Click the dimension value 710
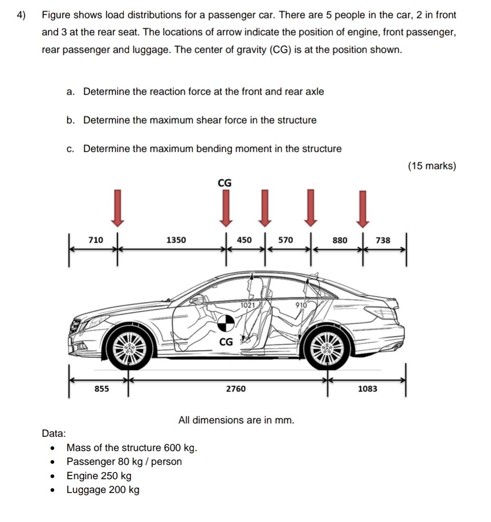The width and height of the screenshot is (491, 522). point(96,240)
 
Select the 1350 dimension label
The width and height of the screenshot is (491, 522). point(176,240)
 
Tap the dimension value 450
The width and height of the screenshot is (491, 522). point(244,240)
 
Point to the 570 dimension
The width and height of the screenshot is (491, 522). point(285,240)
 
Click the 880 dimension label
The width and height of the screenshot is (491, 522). point(340,240)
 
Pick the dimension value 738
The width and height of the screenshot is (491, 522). point(383,240)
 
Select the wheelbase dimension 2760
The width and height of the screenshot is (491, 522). point(236,389)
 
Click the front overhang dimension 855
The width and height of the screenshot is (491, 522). point(101,389)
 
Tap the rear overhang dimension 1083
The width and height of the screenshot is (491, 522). point(367,389)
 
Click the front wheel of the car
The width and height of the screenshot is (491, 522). point(129,347)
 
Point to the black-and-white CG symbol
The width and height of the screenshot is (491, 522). point(226,324)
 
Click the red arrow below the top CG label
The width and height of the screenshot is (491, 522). point(226,207)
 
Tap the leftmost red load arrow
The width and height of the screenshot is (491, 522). point(118,207)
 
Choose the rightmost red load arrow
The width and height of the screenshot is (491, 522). point(363,207)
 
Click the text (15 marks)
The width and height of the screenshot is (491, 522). point(432,166)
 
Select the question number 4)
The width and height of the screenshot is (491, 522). point(21,15)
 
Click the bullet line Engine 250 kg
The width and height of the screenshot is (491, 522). point(99,476)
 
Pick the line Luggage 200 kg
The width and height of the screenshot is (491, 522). point(103,490)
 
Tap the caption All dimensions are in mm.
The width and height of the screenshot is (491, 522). point(236,420)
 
